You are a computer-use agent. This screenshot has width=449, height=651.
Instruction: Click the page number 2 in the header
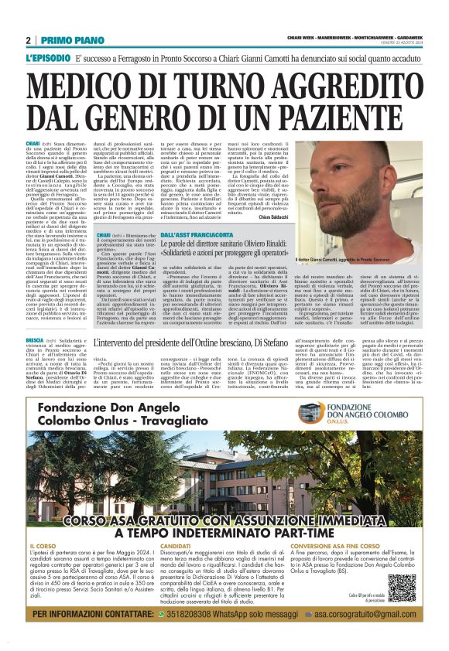[x=28, y=40]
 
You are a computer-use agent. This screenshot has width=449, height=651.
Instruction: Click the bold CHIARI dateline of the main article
[x=33, y=143]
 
